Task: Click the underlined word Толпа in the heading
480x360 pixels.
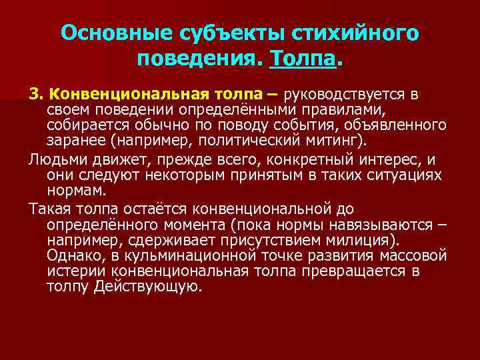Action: pyautogui.click(x=302, y=59)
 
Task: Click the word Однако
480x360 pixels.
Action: pyautogui.click(x=74, y=255)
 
